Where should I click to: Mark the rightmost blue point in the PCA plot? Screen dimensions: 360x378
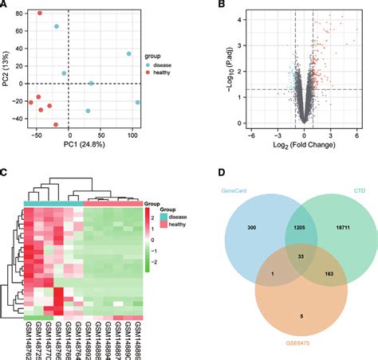click(x=137, y=102)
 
